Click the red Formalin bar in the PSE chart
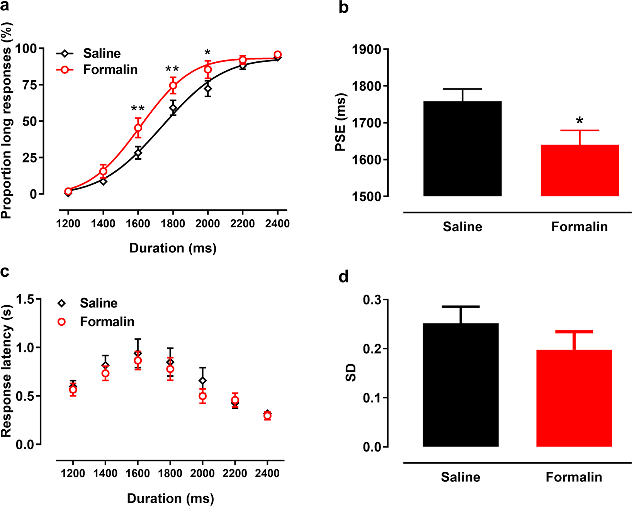(579, 171)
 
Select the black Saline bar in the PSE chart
(462, 149)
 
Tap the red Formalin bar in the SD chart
(574, 398)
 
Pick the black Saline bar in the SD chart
(460, 385)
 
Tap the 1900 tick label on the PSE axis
(367, 49)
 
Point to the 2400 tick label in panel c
(267, 474)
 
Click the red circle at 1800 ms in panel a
(173, 86)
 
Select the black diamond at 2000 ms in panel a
(208, 89)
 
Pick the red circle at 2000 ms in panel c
(202, 396)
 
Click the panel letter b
(343, 7)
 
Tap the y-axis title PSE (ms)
(340, 122)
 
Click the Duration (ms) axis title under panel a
(173, 248)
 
